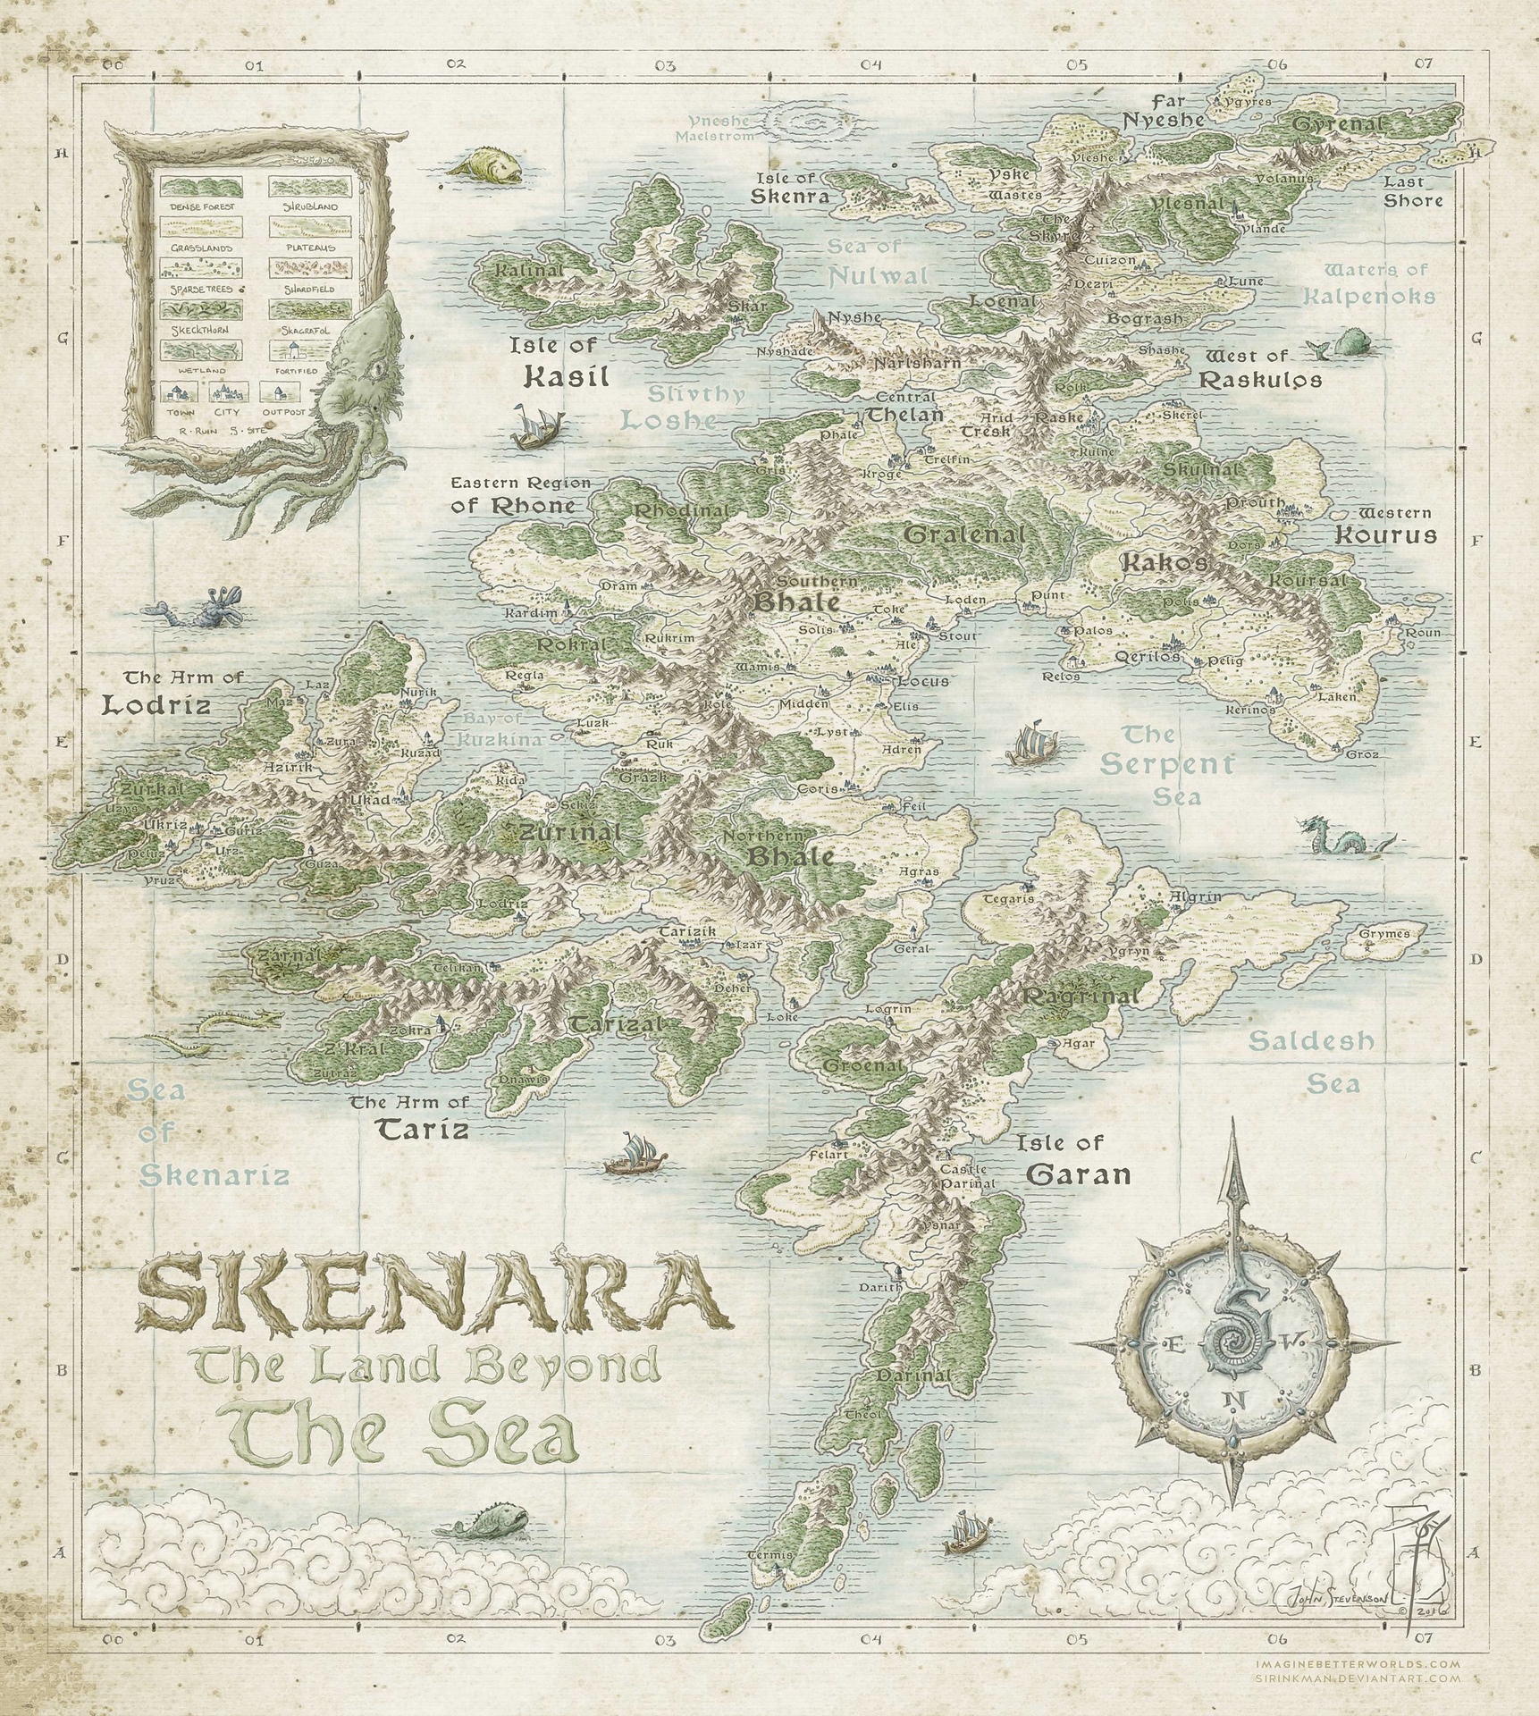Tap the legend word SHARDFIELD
click(310, 290)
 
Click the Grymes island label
click(1384, 934)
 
